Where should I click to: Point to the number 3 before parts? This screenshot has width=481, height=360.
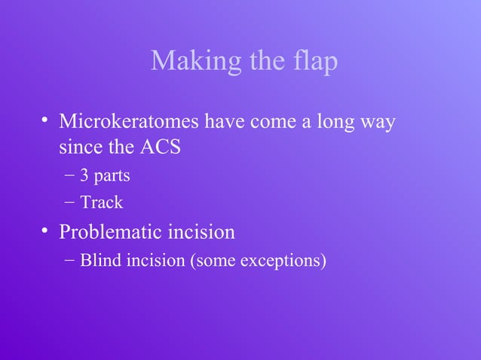pos(84,176)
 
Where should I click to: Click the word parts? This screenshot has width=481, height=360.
pos(112,177)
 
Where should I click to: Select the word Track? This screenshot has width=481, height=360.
pos(101,203)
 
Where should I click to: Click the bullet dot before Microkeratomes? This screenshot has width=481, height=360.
pos(45,121)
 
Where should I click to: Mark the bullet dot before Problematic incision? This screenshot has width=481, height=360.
pos(45,230)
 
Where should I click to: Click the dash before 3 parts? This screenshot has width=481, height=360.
pos(69,176)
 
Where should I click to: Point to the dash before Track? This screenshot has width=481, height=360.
pos(69,202)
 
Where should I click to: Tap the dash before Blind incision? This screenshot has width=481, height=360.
pos(69,261)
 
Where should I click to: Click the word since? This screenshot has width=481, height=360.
pos(80,146)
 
